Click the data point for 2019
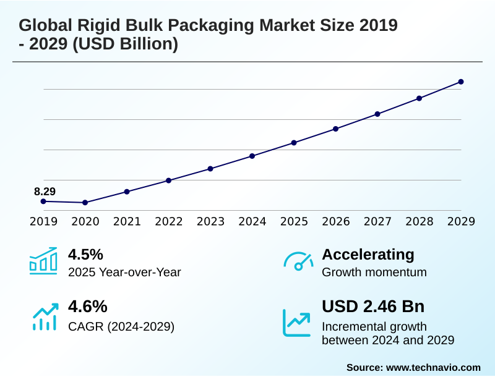click(43, 201)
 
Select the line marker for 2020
click(85, 203)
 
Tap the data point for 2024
click(252, 156)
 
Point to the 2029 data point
click(461, 82)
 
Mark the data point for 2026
click(336, 129)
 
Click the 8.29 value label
click(45, 192)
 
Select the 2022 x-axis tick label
click(169, 222)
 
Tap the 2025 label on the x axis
click(294, 222)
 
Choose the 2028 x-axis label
click(420, 222)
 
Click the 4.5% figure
click(85, 255)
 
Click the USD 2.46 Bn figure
click(373, 307)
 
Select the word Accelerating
click(368, 255)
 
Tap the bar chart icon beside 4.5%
click(43, 261)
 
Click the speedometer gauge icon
click(298, 261)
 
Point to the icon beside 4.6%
click(45, 316)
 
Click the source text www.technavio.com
click(433, 367)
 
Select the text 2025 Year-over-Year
click(124, 272)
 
